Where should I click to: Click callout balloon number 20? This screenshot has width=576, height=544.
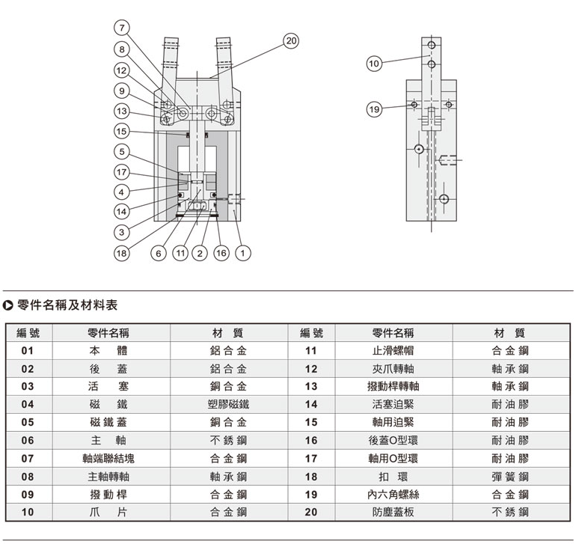291,41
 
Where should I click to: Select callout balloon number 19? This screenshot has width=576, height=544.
375,110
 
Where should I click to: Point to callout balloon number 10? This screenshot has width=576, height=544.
375,64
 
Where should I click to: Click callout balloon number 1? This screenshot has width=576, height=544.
242,254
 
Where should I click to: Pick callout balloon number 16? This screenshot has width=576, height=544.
221,254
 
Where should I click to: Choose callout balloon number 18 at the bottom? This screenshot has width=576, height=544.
120,254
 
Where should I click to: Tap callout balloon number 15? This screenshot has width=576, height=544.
120,131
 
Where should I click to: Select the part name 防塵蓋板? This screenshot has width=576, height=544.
393,513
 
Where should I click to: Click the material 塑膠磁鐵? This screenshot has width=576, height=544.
228,404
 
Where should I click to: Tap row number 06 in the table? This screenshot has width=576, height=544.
28,441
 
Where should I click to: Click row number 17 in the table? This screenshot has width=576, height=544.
311,459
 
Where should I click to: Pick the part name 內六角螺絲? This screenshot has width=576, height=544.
393,495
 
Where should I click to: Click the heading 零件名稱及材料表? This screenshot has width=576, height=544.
67,305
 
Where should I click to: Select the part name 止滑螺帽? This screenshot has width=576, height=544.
393,350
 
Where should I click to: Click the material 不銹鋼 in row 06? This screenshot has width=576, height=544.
228,441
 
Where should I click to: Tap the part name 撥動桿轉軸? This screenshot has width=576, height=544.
393,386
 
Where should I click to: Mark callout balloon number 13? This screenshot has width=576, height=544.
120,111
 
